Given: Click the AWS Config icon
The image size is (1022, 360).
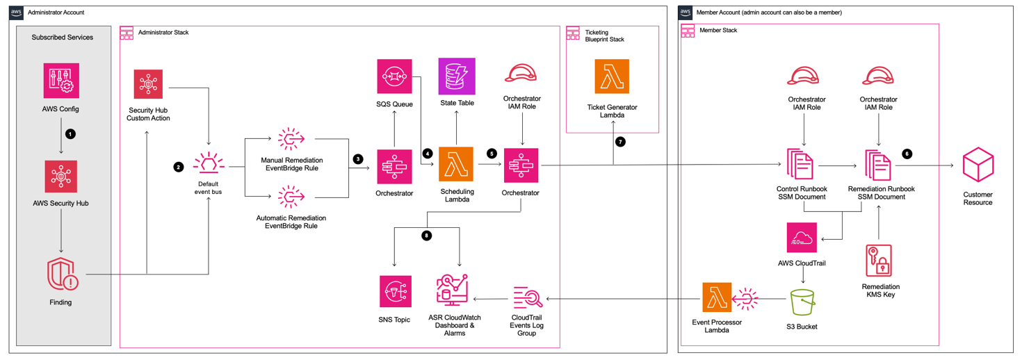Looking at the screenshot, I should (61, 81).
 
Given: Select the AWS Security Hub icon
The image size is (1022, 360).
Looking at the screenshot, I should (61, 177).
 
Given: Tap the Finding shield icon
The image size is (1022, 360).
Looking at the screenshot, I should (61, 274).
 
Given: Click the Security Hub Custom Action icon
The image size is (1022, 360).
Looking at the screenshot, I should (148, 84).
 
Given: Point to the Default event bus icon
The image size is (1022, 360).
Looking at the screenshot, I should (208, 164).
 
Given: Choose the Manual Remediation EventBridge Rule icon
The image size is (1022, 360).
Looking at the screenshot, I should (291, 139).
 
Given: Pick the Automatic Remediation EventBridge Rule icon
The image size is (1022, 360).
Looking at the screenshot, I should (291, 197).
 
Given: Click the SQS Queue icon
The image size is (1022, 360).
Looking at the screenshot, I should (394, 76).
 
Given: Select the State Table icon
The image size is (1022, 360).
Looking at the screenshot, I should (457, 76).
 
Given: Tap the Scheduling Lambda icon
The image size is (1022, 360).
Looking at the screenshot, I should (456, 165).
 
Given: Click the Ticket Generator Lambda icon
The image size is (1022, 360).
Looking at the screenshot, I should (612, 76).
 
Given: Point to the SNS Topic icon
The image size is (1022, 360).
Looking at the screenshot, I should (395, 291).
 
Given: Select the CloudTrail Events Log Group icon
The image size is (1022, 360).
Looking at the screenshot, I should (527, 298).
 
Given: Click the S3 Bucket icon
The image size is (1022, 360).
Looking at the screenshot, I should (803, 302).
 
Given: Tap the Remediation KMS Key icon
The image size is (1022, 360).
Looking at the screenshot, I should (879, 261).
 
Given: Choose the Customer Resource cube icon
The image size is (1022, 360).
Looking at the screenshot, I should (978, 165).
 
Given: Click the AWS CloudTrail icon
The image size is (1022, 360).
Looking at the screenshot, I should (802, 238).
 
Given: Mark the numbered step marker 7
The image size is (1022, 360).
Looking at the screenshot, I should (620, 142).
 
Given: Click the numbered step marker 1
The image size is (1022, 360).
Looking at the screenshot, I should (70, 133).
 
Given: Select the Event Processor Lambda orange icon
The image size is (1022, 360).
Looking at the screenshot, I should (717, 299).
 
